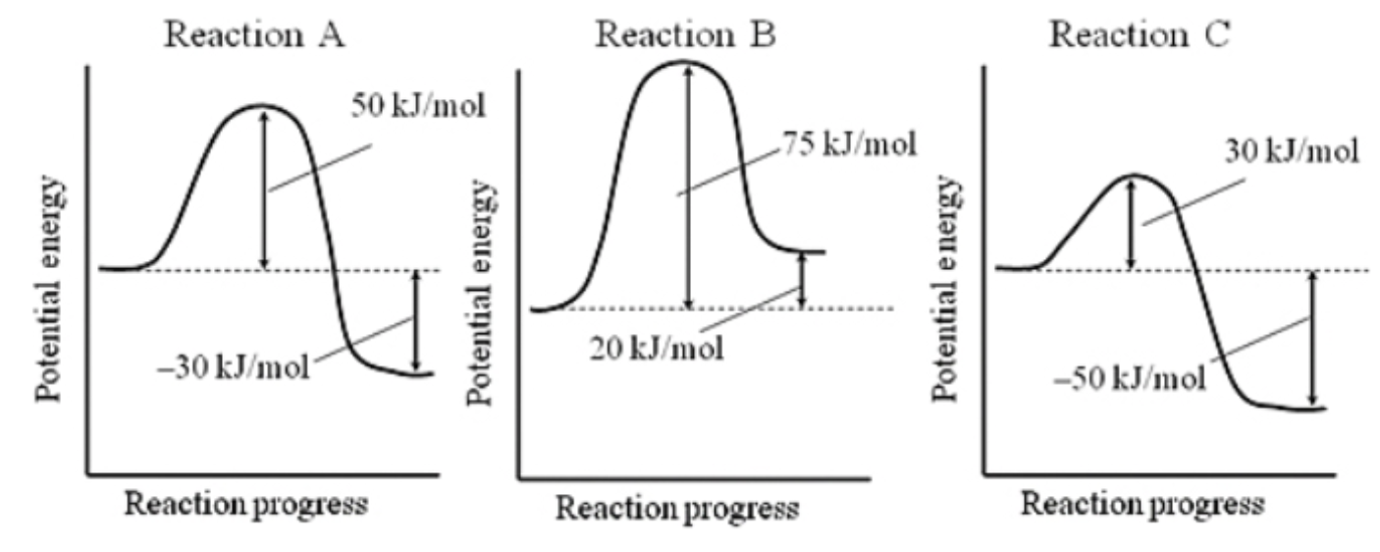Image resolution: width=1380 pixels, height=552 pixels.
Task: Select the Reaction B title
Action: point(686,35)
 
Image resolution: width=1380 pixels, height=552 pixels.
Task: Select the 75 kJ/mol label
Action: point(850,145)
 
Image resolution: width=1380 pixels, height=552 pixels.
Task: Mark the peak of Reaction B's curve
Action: point(686,62)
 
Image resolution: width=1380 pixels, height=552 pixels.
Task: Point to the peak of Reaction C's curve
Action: point(1132,176)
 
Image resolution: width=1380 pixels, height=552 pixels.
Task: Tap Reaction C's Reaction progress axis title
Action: point(1142,505)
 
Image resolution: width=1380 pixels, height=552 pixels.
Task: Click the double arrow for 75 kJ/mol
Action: point(688,187)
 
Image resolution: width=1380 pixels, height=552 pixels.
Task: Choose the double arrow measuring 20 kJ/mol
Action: point(802,280)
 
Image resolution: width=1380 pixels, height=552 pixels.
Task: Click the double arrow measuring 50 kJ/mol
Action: point(262,187)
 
